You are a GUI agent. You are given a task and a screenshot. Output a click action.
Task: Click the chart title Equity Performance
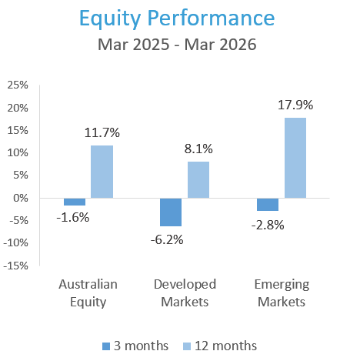click(179, 17)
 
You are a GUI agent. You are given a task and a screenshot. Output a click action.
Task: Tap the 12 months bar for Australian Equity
click(102, 171)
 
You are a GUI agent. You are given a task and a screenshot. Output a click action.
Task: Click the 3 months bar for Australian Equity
click(75, 202)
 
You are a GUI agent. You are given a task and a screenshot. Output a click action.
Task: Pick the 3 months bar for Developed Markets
click(170, 212)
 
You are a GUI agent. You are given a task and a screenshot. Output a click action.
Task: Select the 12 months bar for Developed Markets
click(198, 179)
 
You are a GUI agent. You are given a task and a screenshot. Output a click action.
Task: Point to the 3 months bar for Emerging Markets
click(267, 204)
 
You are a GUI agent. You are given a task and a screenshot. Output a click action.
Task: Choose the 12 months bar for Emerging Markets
click(295, 157)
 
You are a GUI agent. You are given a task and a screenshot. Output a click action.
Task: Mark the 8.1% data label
click(198, 149)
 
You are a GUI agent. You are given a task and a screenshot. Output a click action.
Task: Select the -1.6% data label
click(73, 217)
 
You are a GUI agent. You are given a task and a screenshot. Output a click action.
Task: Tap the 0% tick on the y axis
click(22, 198)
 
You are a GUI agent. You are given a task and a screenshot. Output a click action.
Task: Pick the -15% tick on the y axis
click(17, 266)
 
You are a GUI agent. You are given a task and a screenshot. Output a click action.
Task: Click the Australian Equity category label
click(88, 292)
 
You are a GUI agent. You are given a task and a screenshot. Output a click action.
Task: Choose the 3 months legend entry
click(135, 346)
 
